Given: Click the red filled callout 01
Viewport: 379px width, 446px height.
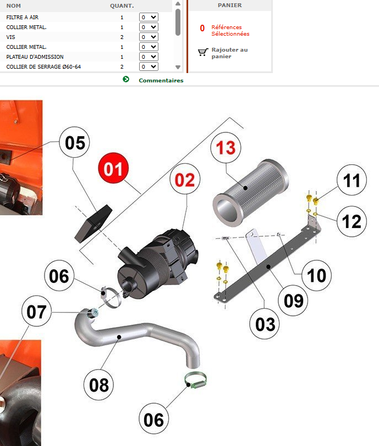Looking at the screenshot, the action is (x=113, y=168).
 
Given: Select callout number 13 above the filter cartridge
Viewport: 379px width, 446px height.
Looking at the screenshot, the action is (x=226, y=147).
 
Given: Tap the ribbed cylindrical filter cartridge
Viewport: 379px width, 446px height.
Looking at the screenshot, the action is (x=251, y=193).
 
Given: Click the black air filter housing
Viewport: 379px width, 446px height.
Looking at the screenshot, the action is (x=157, y=264).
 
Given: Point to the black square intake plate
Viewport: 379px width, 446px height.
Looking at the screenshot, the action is (x=93, y=224).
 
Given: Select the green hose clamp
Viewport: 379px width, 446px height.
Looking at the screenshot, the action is (x=195, y=381).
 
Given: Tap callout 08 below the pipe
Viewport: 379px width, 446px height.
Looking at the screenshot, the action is (x=98, y=385).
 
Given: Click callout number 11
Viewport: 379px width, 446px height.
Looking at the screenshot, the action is (x=351, y=180).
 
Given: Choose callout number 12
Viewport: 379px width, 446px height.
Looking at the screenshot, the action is (x=351, y=221).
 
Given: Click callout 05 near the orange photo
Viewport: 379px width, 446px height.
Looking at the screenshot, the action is (x=74, y=142).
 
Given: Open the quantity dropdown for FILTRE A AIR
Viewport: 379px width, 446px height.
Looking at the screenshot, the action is (x=149, y=17).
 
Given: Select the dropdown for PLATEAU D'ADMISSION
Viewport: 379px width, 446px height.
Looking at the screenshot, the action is (x=149, y=57).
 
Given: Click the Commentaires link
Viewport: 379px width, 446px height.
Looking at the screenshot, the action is (x=161, y=80).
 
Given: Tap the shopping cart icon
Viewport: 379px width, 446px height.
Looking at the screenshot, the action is (x=202, y=52).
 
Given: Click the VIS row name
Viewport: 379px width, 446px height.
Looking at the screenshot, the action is (x=10, y=37).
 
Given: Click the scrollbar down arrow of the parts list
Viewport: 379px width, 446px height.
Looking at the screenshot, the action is (x=178, y=68).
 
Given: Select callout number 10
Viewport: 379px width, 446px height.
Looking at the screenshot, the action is (x=316, y=275).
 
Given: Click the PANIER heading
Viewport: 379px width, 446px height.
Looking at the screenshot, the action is (x=230, y=5).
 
